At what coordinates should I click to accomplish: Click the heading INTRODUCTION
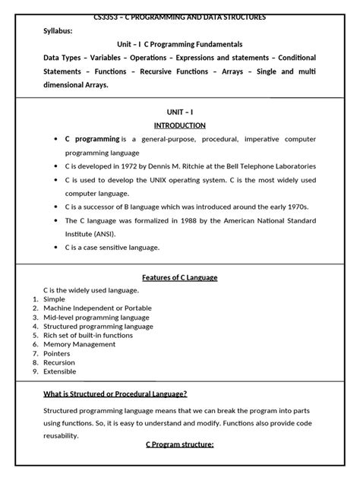(180, 125)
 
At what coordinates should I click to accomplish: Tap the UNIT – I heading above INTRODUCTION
(180, 112)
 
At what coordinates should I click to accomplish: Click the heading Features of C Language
(180, 277)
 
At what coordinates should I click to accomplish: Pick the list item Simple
(55, 299)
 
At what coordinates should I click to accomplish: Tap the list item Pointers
(58, 353)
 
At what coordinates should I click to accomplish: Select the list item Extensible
(62, 371)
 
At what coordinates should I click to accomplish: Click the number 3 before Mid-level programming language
(35, 317)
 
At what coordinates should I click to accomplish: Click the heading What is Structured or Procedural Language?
(115, 393)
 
